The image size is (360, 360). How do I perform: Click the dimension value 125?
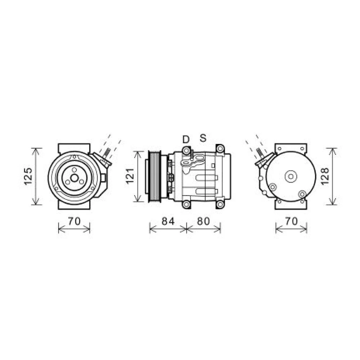coord(28,176)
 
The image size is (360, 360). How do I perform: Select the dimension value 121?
coord(130,176)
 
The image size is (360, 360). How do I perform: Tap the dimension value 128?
coord(325,176)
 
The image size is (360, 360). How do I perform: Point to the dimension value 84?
coord(168,221)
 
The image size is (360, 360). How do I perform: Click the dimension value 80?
coord(204,221)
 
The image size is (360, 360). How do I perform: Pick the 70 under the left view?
coord(75,221)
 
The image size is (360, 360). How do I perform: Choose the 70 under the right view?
coord(291,221)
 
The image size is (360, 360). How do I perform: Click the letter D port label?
coord(186,139)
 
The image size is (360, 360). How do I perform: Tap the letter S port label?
coord(203,138)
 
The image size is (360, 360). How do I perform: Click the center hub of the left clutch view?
coord(74,178)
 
